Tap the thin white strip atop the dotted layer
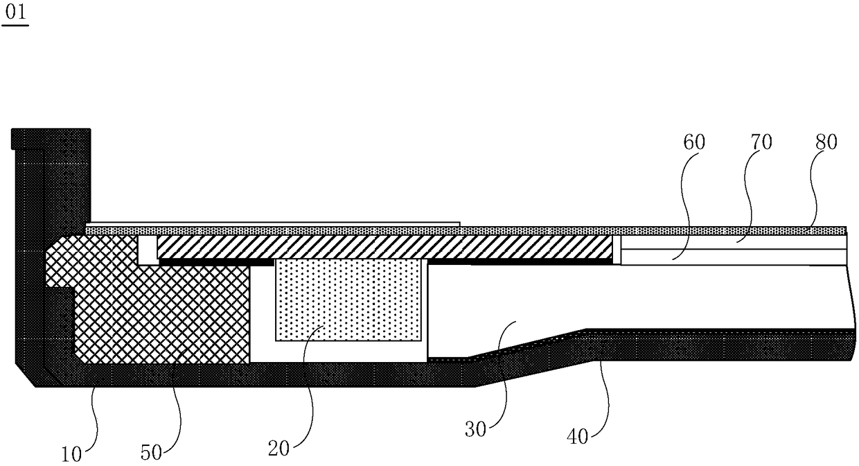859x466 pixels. point(277,223)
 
